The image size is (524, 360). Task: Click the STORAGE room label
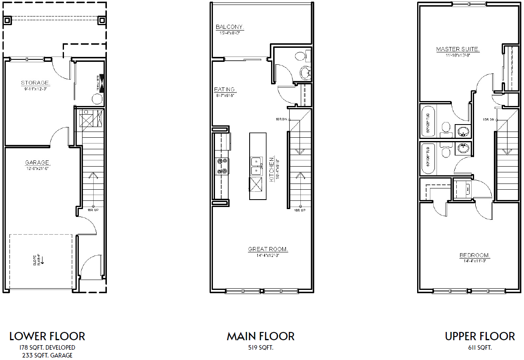(35, 83)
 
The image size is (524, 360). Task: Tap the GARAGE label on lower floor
(37, 163)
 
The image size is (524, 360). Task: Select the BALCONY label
(229, 27)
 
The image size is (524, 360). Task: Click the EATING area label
(225, 89)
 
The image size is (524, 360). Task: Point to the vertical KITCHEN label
(271, 169)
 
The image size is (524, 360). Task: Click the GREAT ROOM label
(268, 249)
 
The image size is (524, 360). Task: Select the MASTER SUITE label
(458, 49)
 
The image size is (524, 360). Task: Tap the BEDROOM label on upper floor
(475, 256)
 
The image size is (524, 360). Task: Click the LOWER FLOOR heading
(47, 336)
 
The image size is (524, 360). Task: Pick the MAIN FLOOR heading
(261, 336)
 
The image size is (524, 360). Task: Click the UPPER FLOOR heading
(480, 336)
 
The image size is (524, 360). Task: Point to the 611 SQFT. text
(480, 348)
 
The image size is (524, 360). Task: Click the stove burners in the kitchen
(222, 166)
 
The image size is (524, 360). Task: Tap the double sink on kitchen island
(256, 166)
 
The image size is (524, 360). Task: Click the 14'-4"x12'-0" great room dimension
(268, 255)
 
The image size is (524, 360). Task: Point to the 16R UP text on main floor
(300, 211)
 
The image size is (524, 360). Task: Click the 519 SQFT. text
(261, 348)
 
